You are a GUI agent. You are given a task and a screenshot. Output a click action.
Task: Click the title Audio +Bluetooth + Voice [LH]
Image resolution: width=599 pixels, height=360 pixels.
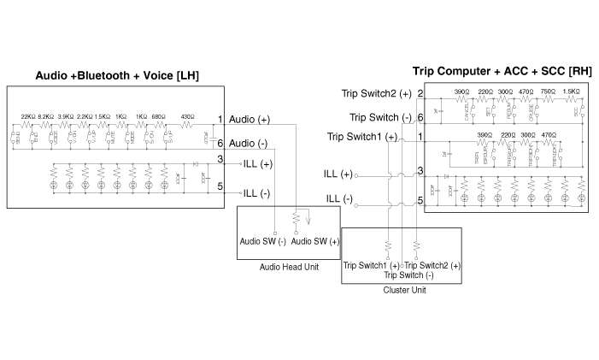[x=117, y=76]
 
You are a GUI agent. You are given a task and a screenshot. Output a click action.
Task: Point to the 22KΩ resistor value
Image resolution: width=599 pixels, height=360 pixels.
[x=26, y=116]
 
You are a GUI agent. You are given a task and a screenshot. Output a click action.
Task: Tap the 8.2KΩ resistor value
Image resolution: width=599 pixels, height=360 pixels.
[x=45, y=116]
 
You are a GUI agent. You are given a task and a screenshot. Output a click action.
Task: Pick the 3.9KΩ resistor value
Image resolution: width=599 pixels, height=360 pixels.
[x=66, y=116]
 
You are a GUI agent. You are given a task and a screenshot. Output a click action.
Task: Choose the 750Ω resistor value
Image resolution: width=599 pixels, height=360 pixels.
[x=549, y=92]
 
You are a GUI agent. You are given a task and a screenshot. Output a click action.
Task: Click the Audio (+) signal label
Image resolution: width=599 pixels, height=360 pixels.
[x=250, y=120]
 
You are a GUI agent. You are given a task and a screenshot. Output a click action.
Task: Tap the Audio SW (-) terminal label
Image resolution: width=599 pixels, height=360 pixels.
[x=263, y=242]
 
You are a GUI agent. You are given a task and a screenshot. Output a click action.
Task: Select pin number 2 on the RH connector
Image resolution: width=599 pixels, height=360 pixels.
[x=420, y=93]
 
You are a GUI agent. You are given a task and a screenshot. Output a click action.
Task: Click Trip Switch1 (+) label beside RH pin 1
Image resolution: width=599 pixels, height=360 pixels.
[x=361, y=138]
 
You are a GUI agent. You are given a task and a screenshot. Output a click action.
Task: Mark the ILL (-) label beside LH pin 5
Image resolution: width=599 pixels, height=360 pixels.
[x=256, y=193]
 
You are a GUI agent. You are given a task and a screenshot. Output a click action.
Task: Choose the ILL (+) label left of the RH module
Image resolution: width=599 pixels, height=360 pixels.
[x=338, y=174]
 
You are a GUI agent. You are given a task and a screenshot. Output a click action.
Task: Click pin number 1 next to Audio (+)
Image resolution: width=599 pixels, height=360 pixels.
[x=220, y=119]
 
